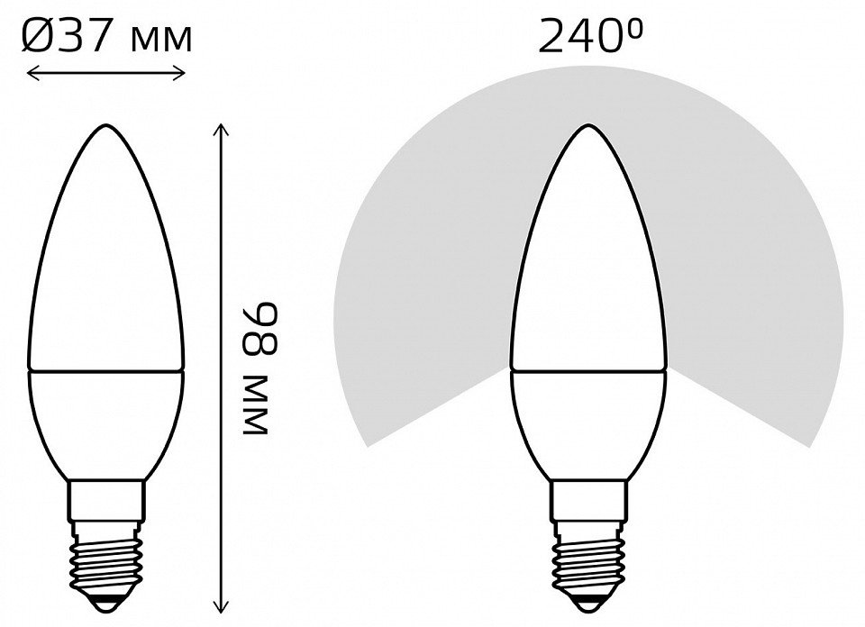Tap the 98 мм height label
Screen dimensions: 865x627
tap(259, 368)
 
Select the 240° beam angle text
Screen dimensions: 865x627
tap(590, 36)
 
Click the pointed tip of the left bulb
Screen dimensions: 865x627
tap(106, 124)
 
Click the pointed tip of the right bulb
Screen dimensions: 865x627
tap(588, 126)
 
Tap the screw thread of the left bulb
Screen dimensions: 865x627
tap(106, 559)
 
